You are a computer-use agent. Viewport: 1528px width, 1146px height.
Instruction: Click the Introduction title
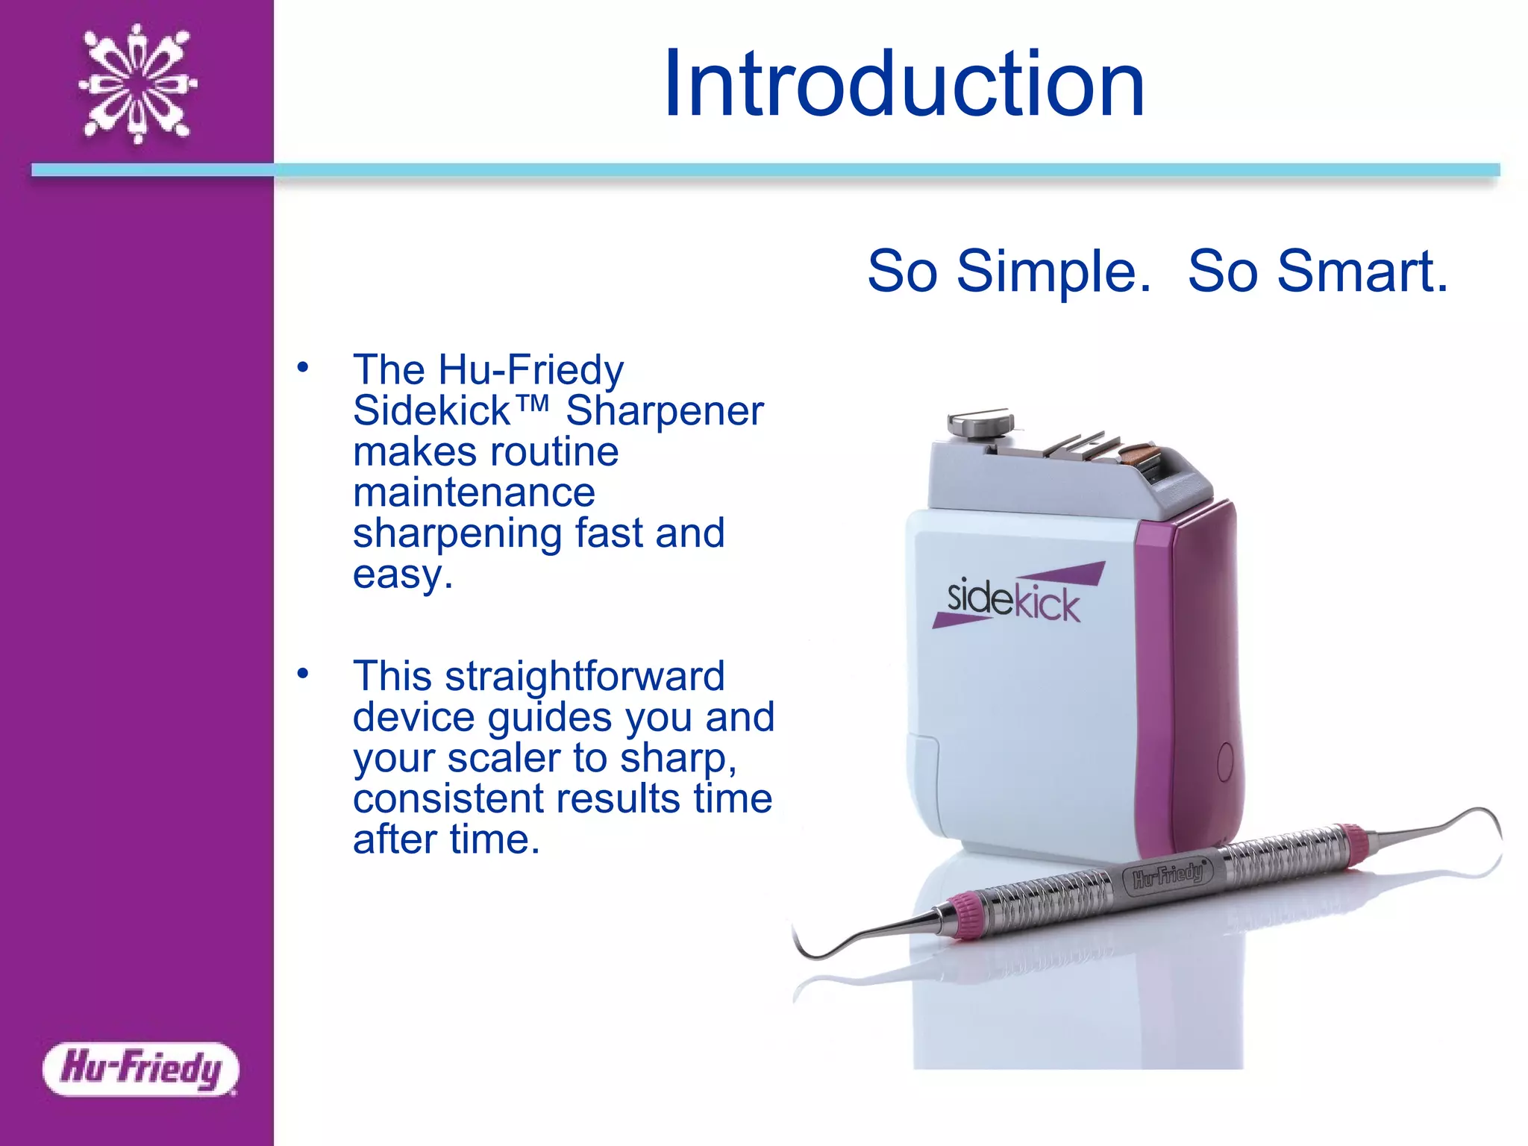pos(904,84)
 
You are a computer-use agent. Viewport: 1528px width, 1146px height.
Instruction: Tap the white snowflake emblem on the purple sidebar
pos(138,84)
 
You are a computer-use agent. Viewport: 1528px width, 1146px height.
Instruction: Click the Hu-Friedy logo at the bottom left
pos(141,1068)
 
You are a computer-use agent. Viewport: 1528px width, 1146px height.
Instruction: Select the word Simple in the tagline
pos(1053,272)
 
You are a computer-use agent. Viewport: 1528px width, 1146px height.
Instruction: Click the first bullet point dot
pos(302,367)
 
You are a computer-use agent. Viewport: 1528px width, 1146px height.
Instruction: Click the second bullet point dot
pos(302,674)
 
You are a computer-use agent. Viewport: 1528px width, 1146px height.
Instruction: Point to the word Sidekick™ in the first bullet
pos(450,411)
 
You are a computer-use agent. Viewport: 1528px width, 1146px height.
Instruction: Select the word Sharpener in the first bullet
pos(664,411)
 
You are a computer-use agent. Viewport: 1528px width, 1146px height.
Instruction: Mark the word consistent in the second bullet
pos(449,799)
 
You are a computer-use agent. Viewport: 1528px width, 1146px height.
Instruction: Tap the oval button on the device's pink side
pos(1225,761)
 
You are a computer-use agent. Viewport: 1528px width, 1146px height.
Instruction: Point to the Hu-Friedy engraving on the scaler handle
pos(1168,874)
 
